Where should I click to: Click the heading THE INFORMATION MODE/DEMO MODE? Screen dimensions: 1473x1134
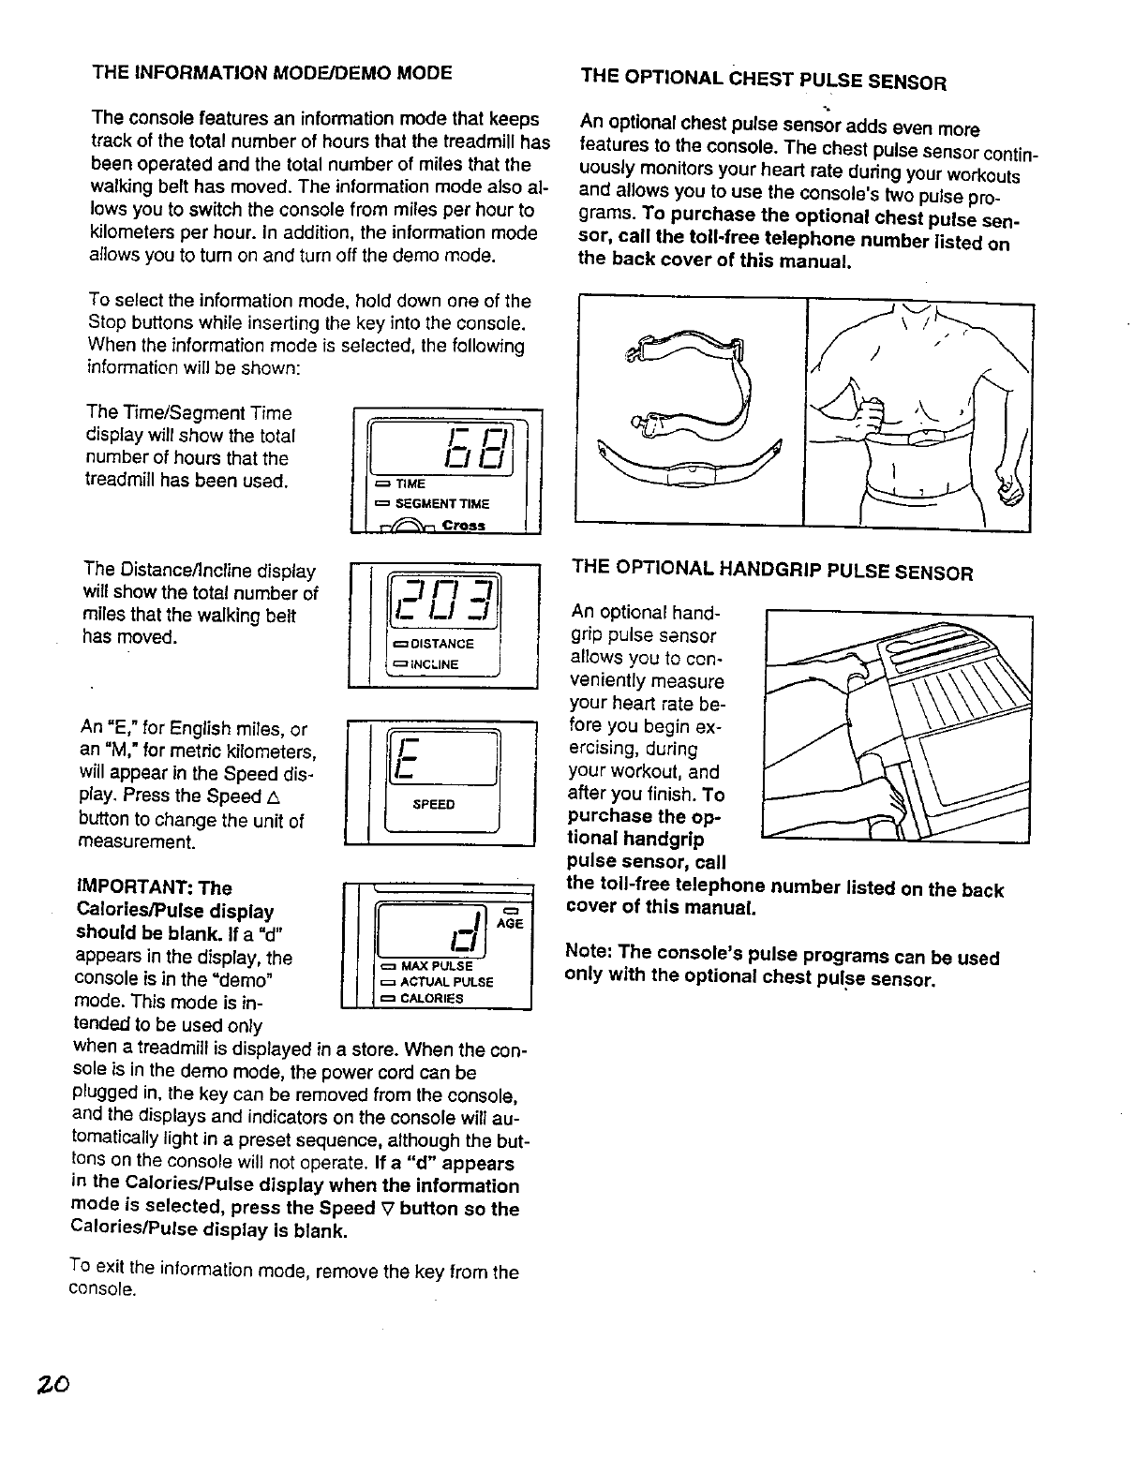tap(271, 72)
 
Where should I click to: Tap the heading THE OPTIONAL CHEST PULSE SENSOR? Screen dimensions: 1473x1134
tap(763, 79)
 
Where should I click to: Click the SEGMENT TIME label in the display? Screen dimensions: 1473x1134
tap(441, 504)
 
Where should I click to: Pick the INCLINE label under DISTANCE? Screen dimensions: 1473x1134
tap(434, 664)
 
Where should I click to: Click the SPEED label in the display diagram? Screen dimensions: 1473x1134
tap(433, 804)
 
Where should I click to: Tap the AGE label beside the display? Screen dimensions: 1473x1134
tap(510, 924)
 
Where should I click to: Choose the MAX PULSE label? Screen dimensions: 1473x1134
tap(436, 966)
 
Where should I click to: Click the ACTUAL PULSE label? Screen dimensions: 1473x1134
tap(446, 982)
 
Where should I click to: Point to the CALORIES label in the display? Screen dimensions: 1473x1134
tap(431, 998)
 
